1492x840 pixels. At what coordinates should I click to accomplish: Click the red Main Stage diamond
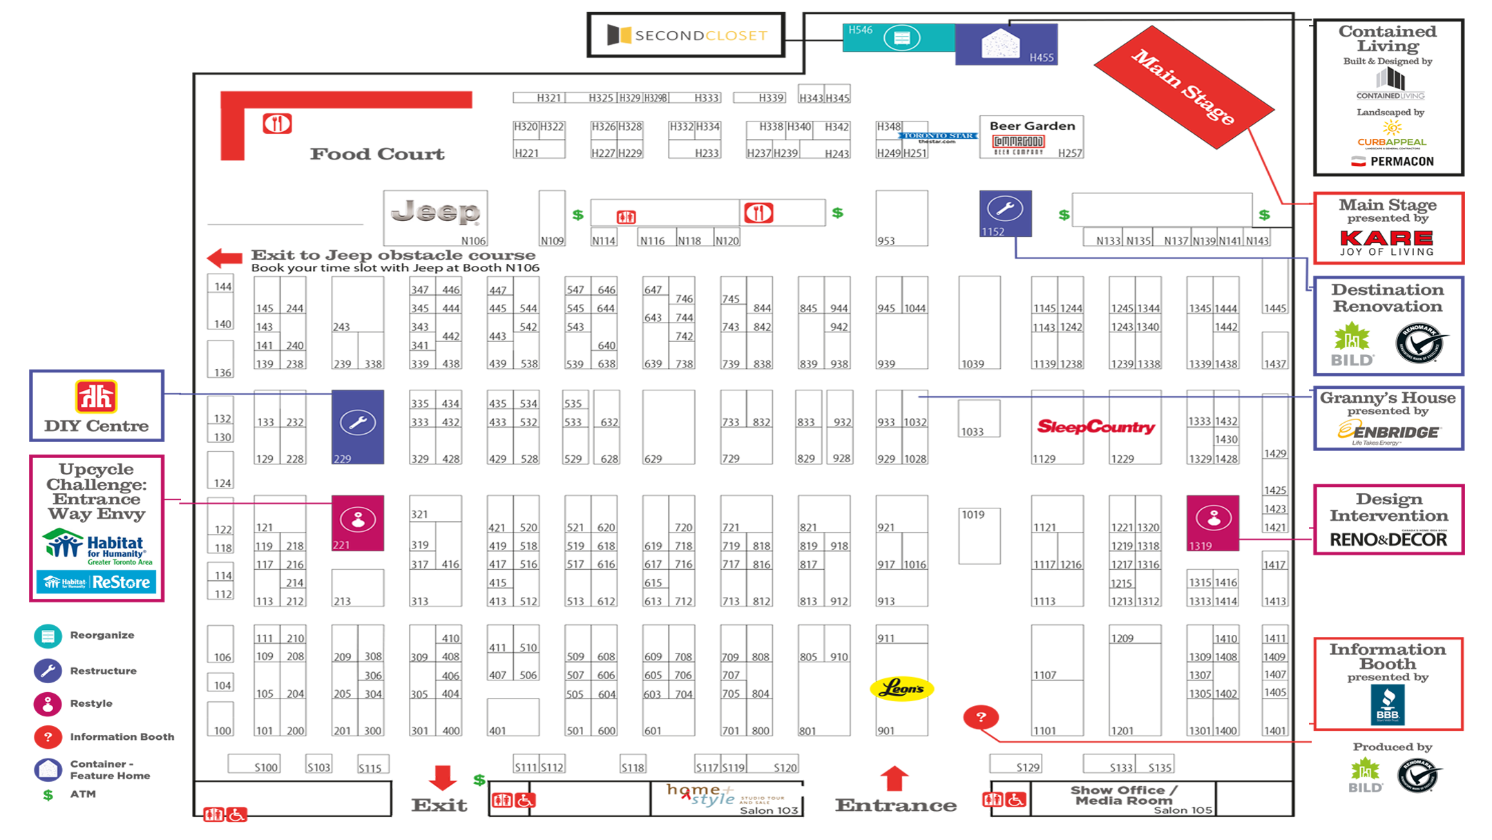(1183, 87)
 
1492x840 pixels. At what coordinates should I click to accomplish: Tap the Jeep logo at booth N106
(435, 213)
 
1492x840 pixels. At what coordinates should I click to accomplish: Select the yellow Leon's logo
(901, 689)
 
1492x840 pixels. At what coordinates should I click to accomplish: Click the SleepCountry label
(1096, 427)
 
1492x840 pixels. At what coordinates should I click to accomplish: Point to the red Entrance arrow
(894, 778)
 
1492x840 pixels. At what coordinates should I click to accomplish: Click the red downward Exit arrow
(442, 777)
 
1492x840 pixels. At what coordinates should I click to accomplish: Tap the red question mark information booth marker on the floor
(981, 717)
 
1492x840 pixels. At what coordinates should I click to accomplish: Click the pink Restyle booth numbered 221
(358, 523)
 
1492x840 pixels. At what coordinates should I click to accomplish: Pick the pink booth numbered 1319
(1212, 523)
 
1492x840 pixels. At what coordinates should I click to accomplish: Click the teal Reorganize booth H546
(899, 38)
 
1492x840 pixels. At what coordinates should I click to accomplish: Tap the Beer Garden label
(1032, 126)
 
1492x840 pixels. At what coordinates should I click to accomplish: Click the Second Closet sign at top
(687, 35)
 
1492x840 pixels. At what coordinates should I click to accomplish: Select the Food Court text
(376, 154)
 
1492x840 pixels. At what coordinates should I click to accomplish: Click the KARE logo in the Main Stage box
(1386, 238)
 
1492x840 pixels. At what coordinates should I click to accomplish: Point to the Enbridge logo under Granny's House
(1388, 431)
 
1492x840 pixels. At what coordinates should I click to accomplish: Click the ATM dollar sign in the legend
(48, 795)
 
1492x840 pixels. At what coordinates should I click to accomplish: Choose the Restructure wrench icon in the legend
(48, 671)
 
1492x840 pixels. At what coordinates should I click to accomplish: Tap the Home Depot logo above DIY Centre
(96, 397)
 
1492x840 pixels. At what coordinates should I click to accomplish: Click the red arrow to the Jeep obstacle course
(224, 258)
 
